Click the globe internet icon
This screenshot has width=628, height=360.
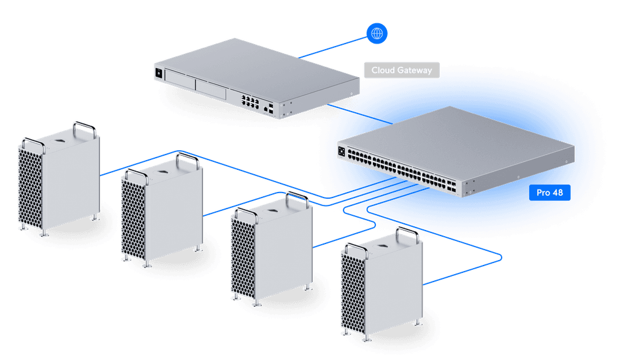tap(377, 33)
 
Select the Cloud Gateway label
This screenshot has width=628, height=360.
tap(402, 71)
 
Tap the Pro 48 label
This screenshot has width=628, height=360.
tap(549, 193)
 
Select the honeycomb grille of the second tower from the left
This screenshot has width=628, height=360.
tap(134, 218)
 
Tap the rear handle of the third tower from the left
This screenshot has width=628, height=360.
tap(297, 199)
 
